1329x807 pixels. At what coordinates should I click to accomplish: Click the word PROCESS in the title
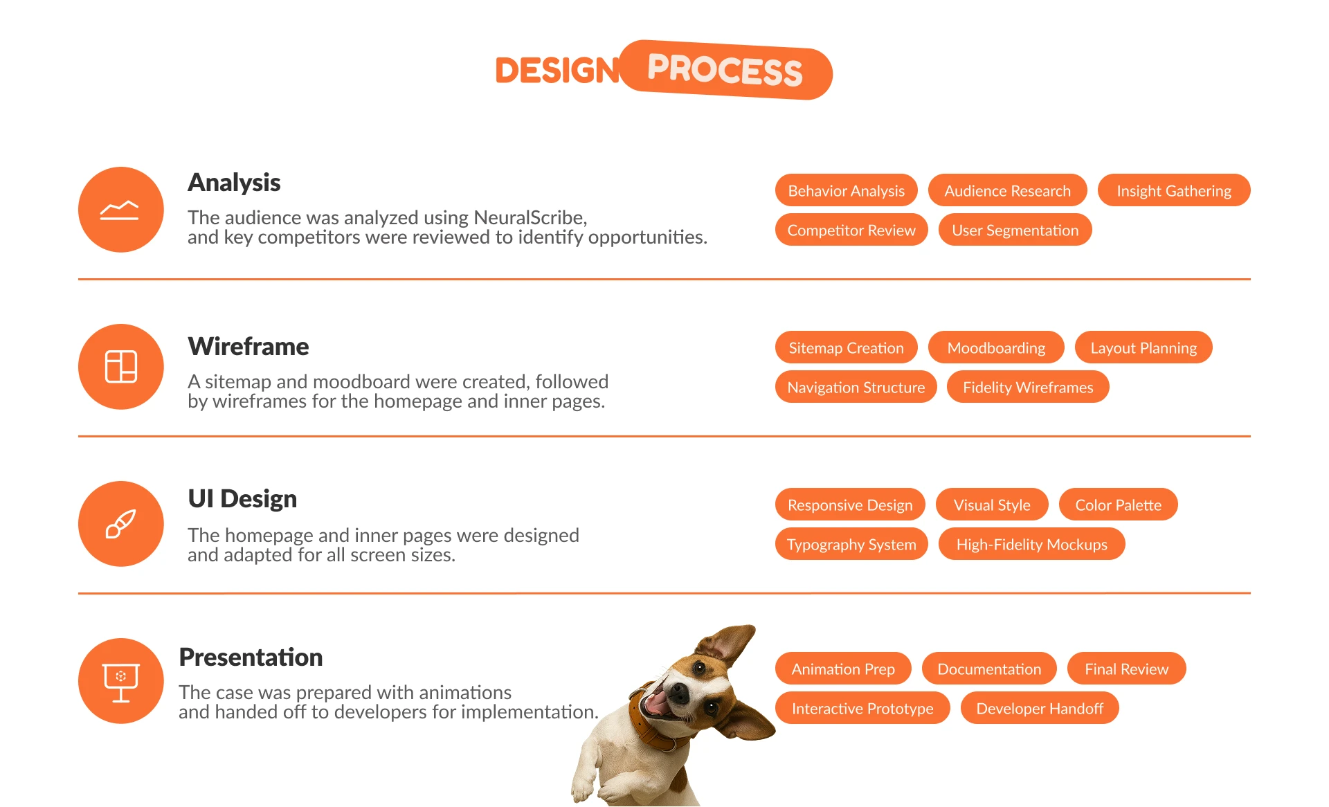click(725, 70)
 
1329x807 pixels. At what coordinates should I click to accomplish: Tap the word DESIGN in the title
click(557, 71)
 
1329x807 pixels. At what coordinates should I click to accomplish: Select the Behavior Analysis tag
click(846, 190)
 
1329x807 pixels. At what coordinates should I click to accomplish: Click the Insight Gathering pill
click(1174, 190)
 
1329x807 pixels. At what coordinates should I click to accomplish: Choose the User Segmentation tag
click(1015, 230)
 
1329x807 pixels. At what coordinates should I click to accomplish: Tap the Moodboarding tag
click(996, 347)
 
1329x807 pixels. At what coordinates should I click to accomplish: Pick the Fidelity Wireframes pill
click(1028, 387)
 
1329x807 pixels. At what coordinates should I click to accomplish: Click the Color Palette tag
click(1118, 505)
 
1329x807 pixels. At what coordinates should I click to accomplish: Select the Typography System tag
click(851, 544)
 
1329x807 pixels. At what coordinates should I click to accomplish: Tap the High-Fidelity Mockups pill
click(1031, 544)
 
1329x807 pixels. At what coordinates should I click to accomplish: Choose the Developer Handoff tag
click(1040, 708)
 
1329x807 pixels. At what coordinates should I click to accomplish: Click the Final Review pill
click(1126, 669)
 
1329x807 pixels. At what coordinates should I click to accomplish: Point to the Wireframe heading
click(248, 346)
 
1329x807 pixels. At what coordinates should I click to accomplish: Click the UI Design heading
click(242, 498)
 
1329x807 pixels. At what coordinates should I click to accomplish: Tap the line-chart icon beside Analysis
click(120, 210)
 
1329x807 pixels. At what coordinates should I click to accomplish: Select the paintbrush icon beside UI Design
click(120, 524)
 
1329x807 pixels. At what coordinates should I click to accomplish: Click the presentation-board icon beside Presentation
click(121, 682)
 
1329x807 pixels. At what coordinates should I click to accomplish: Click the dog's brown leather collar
click(651, 723)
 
